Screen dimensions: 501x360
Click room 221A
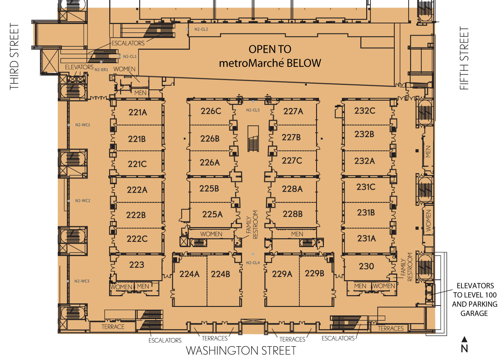point(137,112)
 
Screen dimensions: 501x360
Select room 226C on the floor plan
point(211,111)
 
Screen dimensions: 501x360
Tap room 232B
point(364,134)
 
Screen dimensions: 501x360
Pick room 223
point(137,265)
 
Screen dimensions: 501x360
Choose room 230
point(366,266)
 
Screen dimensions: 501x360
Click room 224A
point(189,274)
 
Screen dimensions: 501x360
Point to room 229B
point(315,273)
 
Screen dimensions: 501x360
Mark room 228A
point(292,189)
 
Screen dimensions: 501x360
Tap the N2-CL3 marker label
point(253,110)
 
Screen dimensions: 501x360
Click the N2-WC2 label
point(83,201)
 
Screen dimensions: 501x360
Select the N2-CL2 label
point(201,29)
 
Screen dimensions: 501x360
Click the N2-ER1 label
point(101,70)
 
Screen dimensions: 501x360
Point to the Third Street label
point(14,56)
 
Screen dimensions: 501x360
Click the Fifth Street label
point(464,58)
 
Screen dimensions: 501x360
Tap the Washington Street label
point(241,350)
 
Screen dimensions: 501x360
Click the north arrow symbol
point(465,339)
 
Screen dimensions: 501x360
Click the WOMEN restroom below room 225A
point(211,234)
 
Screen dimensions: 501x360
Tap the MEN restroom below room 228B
point(297,234)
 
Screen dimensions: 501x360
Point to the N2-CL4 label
point(253,263)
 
